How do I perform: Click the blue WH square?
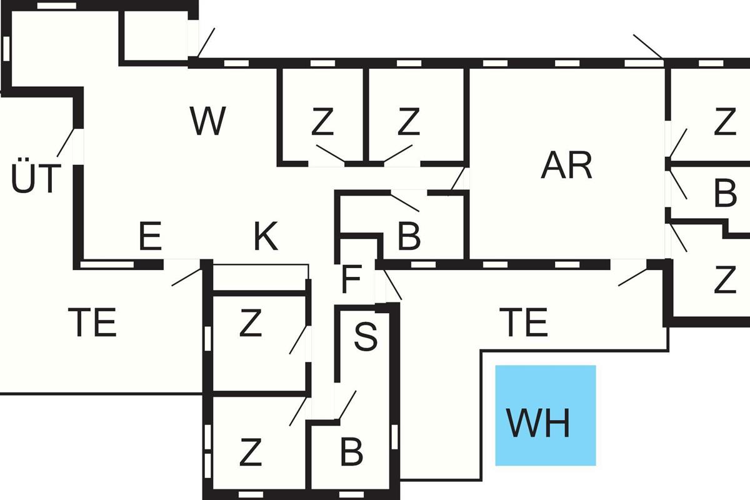click(545, 415)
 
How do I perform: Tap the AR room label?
click(567, 166)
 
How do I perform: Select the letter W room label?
click(207, 122)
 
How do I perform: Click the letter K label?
click(266, 237)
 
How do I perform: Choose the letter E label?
click(151, 237)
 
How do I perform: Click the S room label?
click(366, 337)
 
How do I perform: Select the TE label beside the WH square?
click(524, 322)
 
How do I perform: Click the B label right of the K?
click(409, 237)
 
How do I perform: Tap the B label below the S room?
click(351, 452)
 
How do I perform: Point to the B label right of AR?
click(725, 194)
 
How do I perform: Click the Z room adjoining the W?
click(322, 122)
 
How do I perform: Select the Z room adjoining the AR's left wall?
click(408, 122)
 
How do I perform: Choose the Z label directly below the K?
click(250, 324)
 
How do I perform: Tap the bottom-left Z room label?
click(250, 453)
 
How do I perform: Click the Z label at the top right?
click(725, 122)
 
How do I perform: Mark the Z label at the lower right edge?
click(725, 281)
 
